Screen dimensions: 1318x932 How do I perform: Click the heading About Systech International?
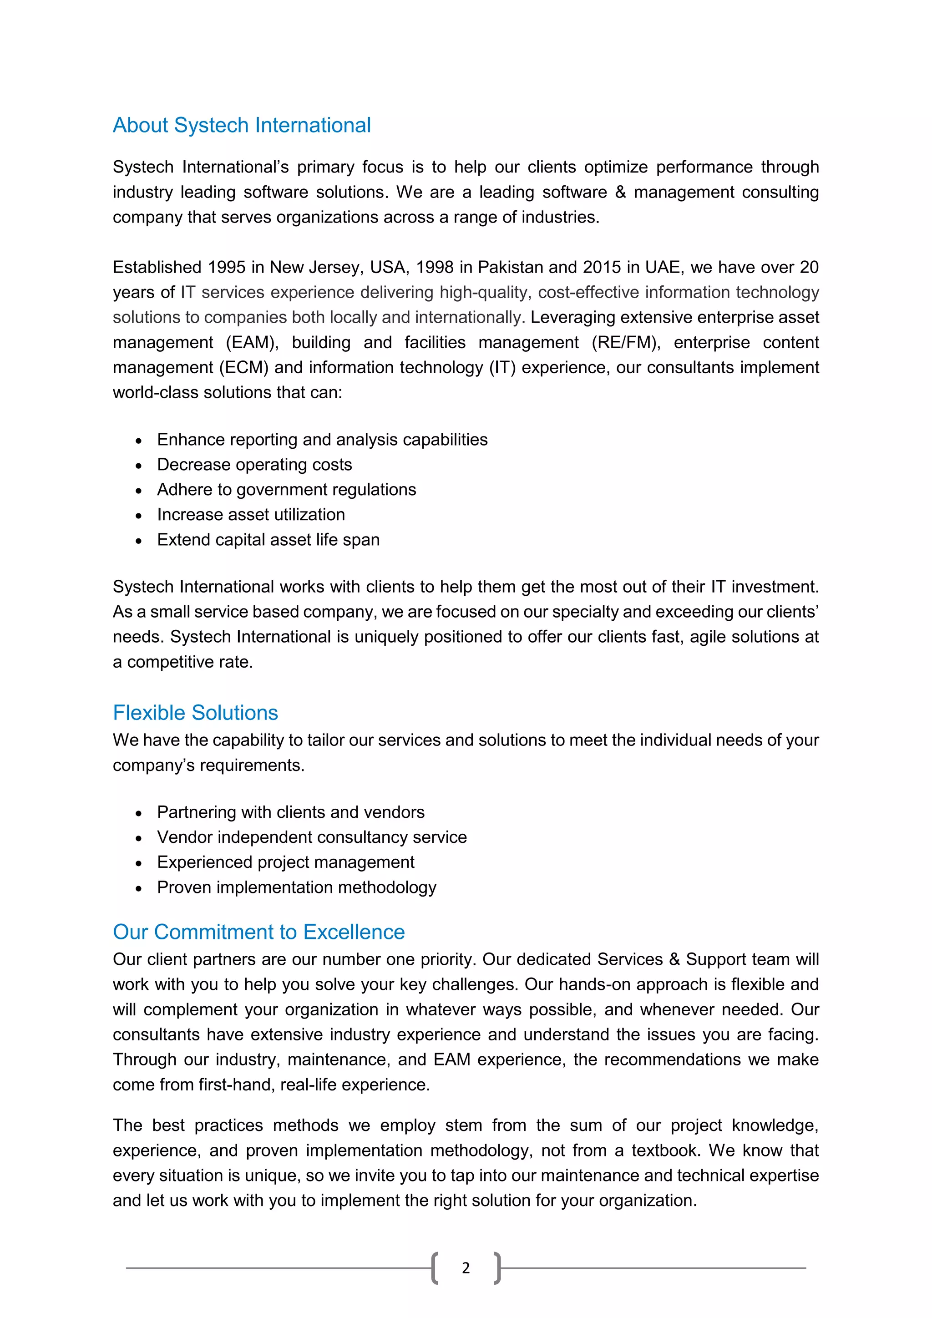point(242,125)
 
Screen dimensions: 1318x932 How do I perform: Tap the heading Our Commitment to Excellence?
point(259,932)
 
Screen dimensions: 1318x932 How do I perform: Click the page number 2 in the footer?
point(466,1267)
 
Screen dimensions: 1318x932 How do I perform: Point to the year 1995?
point(227,268)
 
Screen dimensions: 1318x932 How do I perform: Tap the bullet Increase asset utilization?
point(251,514)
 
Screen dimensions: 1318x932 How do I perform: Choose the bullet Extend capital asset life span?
point(268,540)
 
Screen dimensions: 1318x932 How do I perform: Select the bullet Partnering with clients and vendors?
point(290,812)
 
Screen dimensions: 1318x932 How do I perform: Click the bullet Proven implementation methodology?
point(297,887)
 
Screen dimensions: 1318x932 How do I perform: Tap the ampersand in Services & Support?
point(674,959)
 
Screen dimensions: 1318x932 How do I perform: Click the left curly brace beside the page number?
point(435,1267)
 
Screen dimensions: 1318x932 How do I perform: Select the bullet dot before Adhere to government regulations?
point(138,491)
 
